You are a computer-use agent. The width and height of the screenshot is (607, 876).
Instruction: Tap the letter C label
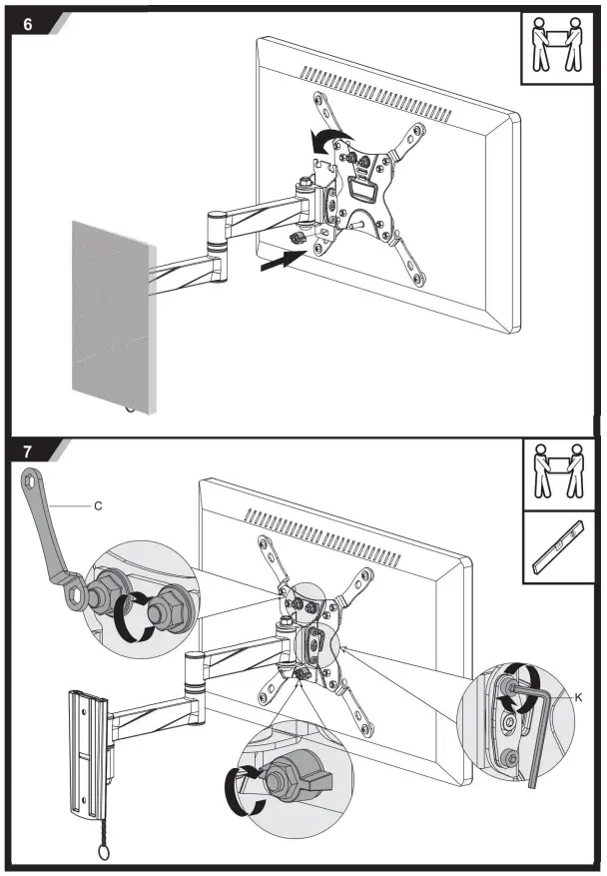click(x=98, y=506)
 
